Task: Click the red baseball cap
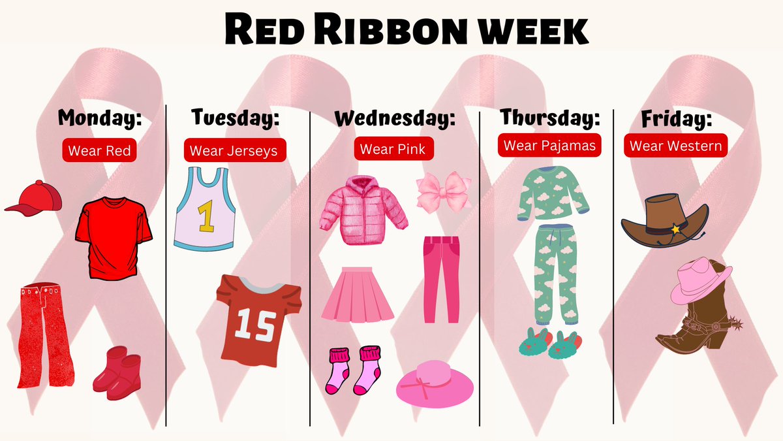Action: click(36, 197)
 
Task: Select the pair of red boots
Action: click(117, 372)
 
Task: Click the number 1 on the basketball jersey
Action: click(206, 218)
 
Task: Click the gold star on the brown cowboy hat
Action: click(673, 229)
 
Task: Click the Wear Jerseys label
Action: click(233, 151)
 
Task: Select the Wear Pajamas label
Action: click(549, 145)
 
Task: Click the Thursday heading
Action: click(549, 118)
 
